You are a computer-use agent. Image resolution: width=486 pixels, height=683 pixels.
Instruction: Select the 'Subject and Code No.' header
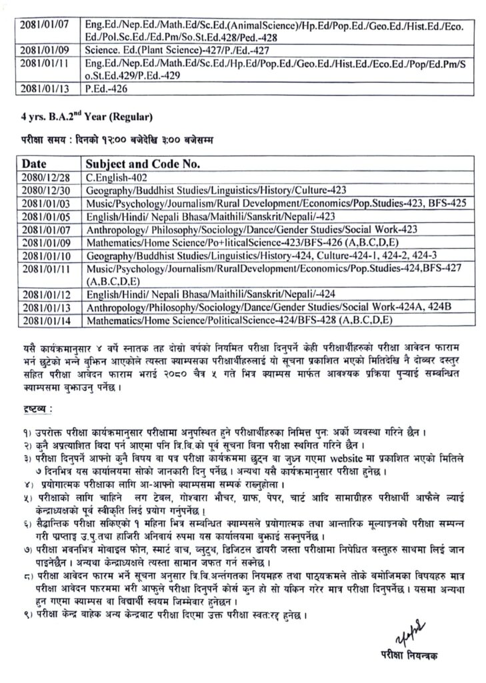click(143, 163)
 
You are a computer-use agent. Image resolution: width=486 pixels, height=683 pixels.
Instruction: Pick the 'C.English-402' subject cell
click(117, 178)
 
